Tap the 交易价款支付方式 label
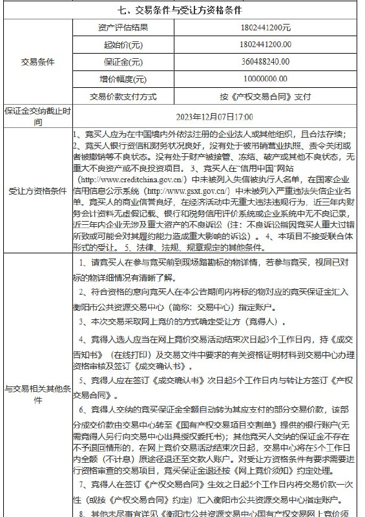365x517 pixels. (123, 97)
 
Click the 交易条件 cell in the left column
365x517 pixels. (37, 62)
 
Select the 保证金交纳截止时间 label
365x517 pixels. (37, 116)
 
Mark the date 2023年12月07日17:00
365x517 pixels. (215, 117)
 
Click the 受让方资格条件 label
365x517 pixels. (37, 191)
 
